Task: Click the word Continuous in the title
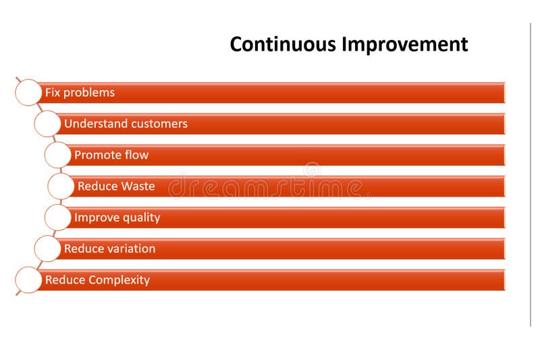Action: coord(283,44)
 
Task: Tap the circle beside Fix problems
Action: coord(28,93)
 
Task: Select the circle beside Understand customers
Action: coord(47,124)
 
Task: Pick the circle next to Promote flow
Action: coord(57,155)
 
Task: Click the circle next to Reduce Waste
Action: coord(61,186)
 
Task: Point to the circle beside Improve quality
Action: coord(57,217)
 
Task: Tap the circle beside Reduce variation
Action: coord(47,249)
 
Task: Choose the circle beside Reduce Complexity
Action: coord(28,280)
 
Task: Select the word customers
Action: coord(159,124)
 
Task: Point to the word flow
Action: coord(136,155)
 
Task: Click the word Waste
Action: coord(138,186)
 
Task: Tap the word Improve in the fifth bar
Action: coord(93,217)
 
